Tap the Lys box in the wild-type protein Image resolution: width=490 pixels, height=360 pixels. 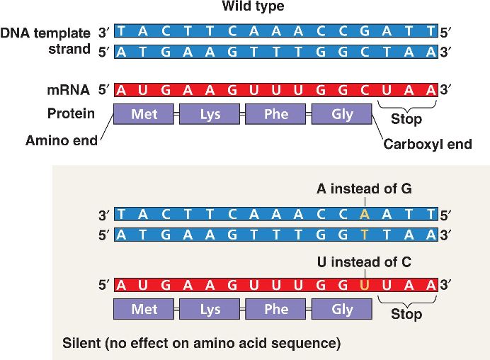210,114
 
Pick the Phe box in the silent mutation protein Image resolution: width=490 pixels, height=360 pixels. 276,310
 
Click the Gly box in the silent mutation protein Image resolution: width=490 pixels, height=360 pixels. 342,310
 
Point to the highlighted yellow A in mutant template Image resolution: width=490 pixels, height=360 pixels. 364,213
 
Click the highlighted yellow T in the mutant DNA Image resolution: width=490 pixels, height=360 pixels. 364,231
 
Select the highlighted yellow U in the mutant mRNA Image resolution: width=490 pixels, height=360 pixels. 364,286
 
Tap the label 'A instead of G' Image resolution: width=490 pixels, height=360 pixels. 364,189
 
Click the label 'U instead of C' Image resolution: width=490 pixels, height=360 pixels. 363,262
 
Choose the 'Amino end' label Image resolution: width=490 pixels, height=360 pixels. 62,140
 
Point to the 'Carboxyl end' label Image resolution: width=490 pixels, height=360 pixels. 427,145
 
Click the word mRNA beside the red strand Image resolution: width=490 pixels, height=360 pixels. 69,90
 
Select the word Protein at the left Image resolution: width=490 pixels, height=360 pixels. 71,113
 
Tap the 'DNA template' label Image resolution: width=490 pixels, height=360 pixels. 45,33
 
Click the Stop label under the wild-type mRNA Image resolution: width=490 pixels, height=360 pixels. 406,118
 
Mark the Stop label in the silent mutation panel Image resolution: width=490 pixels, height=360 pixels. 406,314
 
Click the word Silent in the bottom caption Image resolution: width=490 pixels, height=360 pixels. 79,344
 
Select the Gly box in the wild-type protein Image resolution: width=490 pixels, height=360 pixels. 342,114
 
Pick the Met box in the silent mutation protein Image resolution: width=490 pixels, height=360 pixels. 144,310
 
